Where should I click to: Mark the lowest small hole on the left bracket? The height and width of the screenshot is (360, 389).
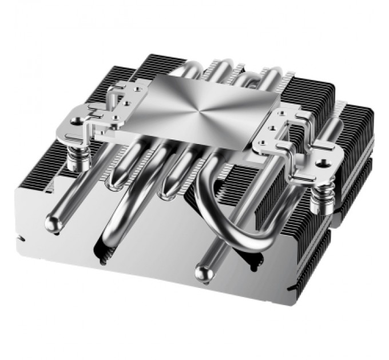point(117,118)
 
